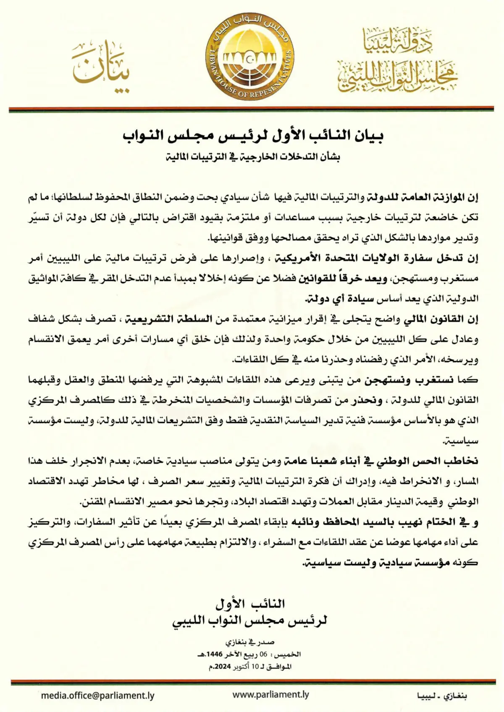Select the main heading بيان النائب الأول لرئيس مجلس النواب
(252, 137)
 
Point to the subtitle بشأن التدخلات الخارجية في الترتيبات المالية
(252, 157)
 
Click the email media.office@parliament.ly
(97, 696)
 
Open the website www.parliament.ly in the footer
(270, 695)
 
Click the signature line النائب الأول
(250, 604)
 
